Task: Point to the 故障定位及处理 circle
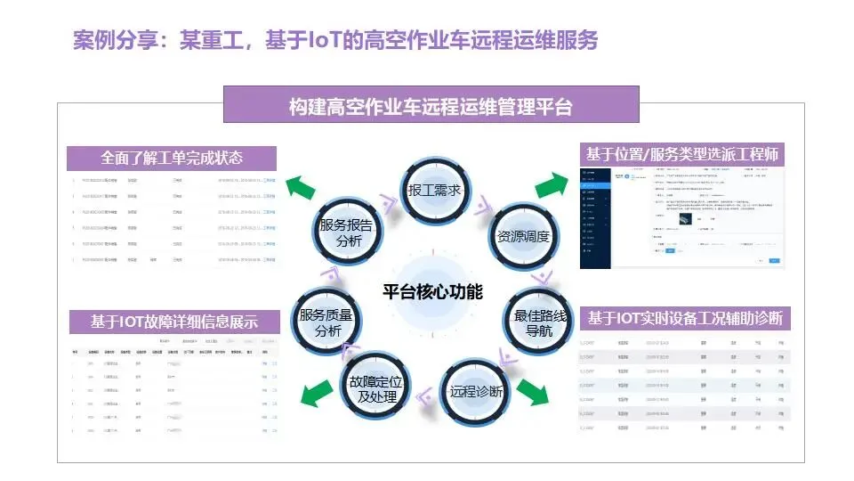click(371, 389)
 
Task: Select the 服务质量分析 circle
click(326, 322)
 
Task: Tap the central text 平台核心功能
click(432, 291)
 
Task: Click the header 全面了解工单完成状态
click(172, 158)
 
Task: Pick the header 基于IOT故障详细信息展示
click(174, 322)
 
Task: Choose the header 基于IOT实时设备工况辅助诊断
click(685, 318)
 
